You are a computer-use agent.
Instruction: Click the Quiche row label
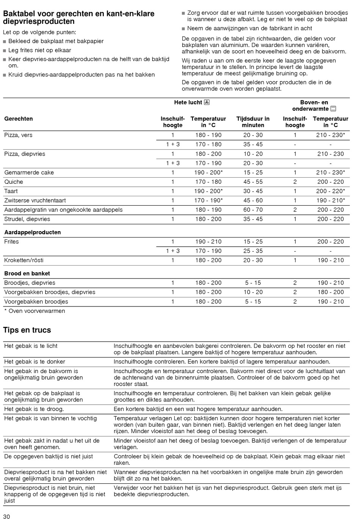point(14,182)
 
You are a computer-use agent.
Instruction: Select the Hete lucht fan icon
point(207,102)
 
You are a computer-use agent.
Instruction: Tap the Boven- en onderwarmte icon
point(333,109)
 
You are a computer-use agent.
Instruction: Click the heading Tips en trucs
point(27,330)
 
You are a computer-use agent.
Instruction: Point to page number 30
point(6,516)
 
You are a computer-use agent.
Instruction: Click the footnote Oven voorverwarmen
point(34,311)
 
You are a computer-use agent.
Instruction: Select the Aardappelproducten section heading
point(32,232)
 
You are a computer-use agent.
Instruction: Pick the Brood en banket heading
point(27,274)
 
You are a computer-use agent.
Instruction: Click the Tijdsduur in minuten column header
point(253,122)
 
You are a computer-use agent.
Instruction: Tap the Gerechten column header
point(19,119)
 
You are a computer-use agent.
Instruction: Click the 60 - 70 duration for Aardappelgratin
point(253,210)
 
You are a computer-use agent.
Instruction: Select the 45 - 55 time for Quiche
point(253,182)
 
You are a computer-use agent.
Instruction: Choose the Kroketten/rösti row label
point(24,260)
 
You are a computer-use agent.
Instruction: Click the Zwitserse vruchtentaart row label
point(35,200)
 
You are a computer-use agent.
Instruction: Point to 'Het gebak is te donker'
point(35,362)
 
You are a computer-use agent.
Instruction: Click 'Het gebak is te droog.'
point(34,409)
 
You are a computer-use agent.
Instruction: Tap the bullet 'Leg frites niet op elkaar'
point(39,50)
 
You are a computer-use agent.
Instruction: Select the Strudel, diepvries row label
point(27,219)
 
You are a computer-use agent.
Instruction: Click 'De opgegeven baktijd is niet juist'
point(49,456)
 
